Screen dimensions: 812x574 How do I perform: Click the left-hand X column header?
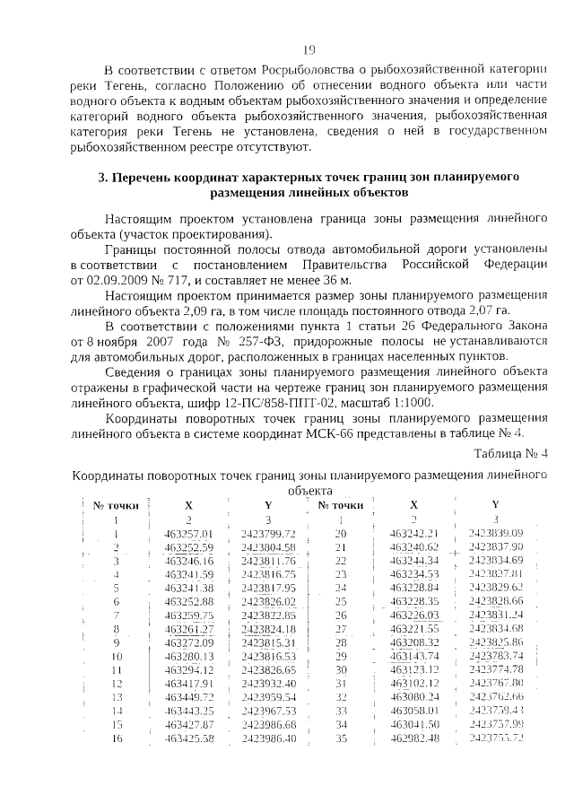188,505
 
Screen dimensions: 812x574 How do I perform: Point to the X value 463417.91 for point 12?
188,683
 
